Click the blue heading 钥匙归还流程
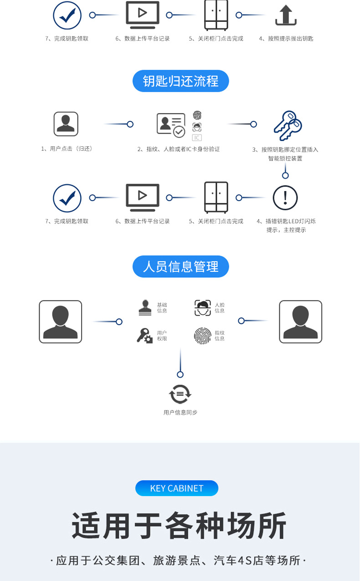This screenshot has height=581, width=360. coord(180,81)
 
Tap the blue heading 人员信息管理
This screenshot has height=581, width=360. coord(180,267)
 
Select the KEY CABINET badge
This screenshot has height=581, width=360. coord(177,488)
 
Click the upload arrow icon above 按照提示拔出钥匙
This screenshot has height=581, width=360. coord(286,16)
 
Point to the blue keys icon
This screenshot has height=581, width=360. coord(287,125)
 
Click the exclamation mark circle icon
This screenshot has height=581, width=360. coord(285,198)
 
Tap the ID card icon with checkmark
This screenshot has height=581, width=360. coord(171,124)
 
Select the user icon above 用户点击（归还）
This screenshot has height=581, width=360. coord(66,124)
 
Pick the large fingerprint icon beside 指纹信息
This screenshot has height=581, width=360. coord(202,336)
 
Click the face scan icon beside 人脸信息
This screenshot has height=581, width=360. coord(203,308)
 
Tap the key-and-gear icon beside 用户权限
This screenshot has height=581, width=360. coord(144,336)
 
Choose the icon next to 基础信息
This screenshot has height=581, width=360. coord(145,308)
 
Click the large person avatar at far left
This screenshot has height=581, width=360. coord(61,322)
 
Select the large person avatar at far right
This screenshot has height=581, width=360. coord(300,322)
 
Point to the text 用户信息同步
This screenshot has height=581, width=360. coord(180,412)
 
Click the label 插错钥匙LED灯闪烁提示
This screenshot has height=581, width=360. coord(286,225)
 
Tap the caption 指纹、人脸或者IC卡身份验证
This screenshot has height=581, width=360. coord(179,149)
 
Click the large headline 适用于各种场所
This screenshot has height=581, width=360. coord(180,526)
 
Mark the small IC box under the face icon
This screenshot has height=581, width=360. coord(197,138)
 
